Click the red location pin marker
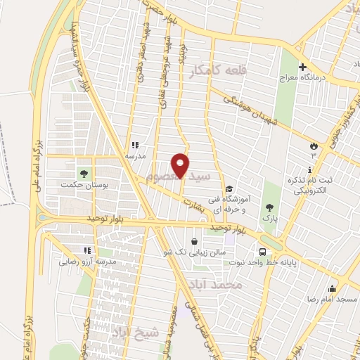pos(181,165)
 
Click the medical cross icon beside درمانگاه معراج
pos(303,68)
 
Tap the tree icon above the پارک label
pos(269,207)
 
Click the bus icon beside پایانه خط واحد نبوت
pos(262,252)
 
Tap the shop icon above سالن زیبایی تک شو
pos(194,241)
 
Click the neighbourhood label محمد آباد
pos(216,285)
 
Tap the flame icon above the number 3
pos(314,146)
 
